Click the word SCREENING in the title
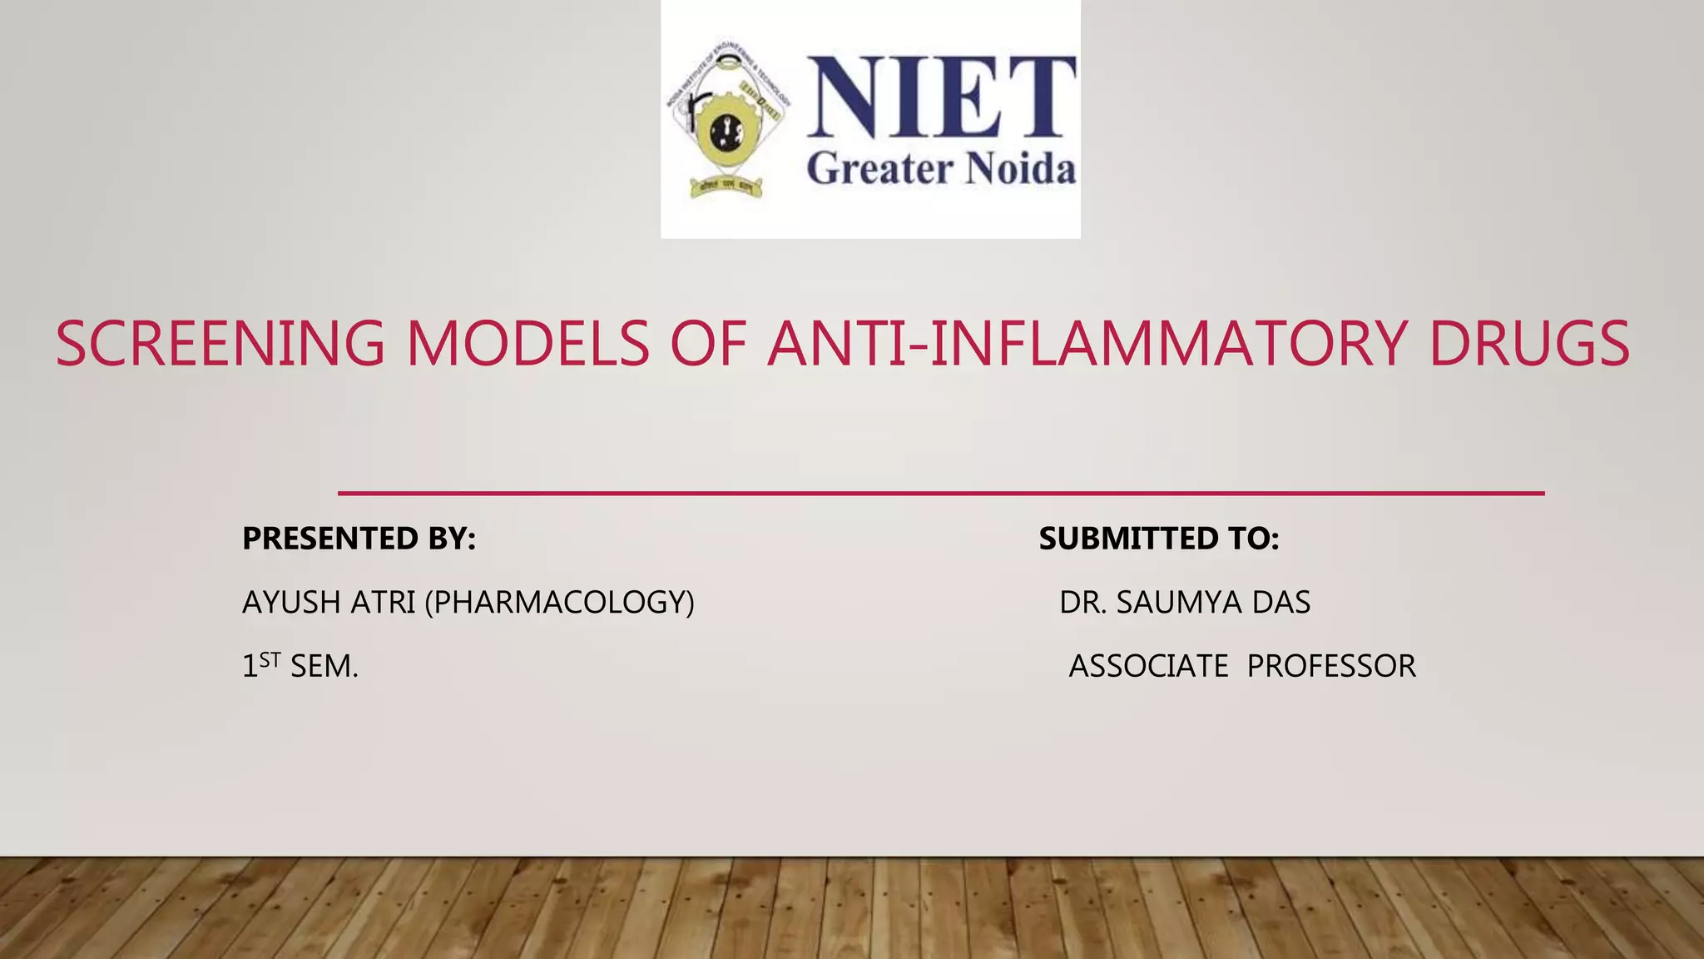coord(220,344)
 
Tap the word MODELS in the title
coord(528,344)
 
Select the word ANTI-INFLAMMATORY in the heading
coord(1087,344)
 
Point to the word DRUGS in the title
coord(1529,344)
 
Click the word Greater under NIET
coord(879,169)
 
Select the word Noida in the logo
coord(1020,169)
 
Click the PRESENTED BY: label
coord(359,539)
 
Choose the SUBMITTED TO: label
coord(1159,539)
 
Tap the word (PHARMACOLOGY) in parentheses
coord(559,602)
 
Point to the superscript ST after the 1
coord(270,660)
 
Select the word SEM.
coord(324,667)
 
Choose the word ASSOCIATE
coord(1148,666)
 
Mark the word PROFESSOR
coord(1331,666)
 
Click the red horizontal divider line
coord(941,494)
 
